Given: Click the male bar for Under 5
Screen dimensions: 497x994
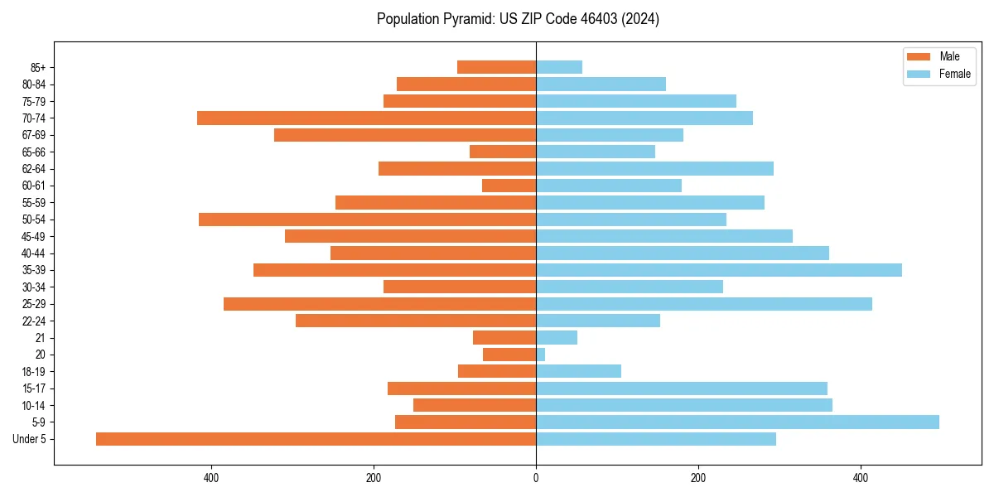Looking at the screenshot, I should coord(316,439).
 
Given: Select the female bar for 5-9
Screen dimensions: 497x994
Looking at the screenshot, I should coord(737,422).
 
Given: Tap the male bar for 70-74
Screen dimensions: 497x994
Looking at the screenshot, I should coord(366,118).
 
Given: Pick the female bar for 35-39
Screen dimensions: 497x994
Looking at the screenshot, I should coord(719,270).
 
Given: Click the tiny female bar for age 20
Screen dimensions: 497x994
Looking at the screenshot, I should coord(541,355).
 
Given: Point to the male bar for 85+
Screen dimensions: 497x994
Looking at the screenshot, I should coord(496,67).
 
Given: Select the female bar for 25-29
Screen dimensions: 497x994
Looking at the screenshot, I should coord(704,304).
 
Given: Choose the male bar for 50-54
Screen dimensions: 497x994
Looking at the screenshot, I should coord(367,220).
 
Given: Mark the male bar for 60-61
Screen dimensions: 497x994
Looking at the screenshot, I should coord(509,186).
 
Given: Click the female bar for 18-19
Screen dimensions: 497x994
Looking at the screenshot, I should coord(578,371).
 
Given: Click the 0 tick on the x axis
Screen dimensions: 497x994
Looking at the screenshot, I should coord(536,478).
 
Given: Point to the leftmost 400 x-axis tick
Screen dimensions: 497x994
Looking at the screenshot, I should coord(211,478).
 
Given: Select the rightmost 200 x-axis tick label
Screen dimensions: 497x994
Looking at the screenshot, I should coord(698,478).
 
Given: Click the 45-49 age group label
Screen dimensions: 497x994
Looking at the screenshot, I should coord(33,236).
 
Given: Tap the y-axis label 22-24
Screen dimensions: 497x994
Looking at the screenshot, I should coord(33,321).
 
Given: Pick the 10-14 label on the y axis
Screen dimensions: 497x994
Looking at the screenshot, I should coord(33,405).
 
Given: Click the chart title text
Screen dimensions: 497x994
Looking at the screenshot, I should coord(518,19).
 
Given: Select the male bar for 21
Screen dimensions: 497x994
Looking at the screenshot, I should coord(504,338).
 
